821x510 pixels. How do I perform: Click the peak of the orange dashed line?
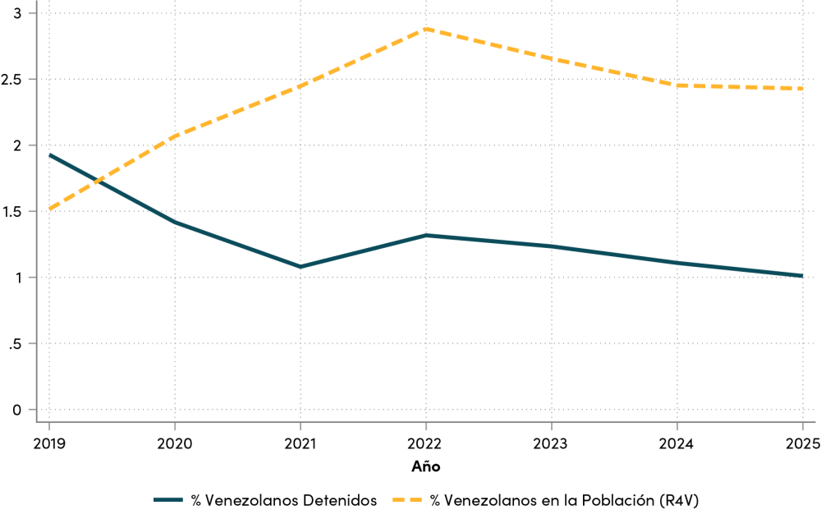426,29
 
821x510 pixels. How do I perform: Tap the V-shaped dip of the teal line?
300,267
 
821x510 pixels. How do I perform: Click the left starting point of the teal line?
49,154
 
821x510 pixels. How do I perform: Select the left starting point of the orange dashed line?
49,210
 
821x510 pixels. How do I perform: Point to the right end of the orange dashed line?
803,89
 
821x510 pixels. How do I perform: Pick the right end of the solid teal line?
803,276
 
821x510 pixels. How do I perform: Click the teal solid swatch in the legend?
168,499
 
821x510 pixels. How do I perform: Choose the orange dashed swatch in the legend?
407,499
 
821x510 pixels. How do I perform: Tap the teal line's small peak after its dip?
426,236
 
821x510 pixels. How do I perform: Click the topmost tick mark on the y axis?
32,13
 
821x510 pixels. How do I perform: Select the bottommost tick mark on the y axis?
32,409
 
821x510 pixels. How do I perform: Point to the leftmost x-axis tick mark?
49,426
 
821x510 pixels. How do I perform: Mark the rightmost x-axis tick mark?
803,426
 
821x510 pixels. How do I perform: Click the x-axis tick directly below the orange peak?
426,426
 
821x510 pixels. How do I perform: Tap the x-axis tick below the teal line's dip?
300,426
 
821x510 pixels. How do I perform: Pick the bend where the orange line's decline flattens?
677,85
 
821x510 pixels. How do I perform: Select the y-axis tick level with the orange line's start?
32,211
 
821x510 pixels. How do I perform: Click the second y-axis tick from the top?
32,80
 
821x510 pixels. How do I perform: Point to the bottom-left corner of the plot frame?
37,421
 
